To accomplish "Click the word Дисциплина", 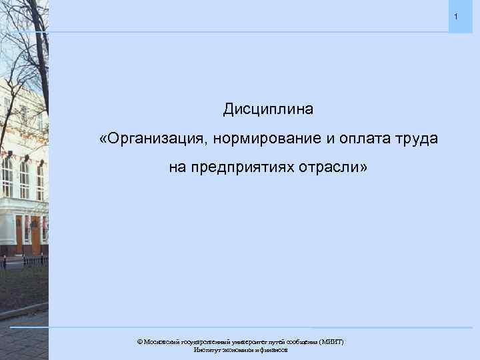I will point(267,107).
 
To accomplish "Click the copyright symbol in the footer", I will point(140,341).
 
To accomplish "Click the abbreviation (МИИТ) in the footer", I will point(331,341).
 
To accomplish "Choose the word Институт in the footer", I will point(207,349).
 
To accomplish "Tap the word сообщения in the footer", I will point(302,341).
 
